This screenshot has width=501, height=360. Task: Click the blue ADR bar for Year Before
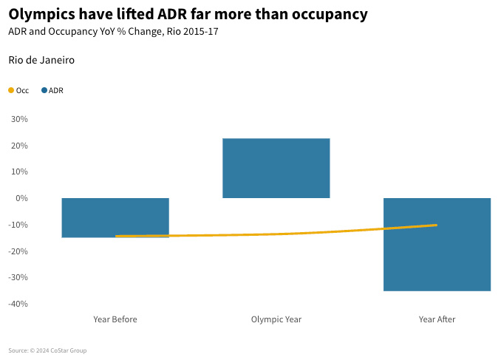pyautogui.click(x=115, y=217)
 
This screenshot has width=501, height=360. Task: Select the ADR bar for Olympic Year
pyautogui.click(x=276, y=168)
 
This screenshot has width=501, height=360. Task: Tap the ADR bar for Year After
pyautogui.click(x=437, y=244)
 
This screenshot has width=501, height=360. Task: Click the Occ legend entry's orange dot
pyautogui.click(x=11, y=91)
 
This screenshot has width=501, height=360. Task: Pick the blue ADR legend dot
pyautogui.click(x=44, y=91)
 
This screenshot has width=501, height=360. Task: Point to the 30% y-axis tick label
pyautogui.click(x=19, y=119)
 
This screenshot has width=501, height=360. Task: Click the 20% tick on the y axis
pyautogui.click(x=19, y=146)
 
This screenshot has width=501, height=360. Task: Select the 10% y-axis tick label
pyautogui.click(x=19, y=171)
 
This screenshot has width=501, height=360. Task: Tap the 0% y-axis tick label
pyautogui.click(x=21, y=198)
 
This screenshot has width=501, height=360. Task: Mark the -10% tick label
pyautogui.click(x=18, y=225)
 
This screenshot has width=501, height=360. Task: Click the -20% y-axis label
pyautogui.click(x=18, y=251)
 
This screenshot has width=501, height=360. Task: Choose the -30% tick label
pyautogui.click(x=18, y=277)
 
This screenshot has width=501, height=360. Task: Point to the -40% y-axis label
pyautogui.click(x=18, y=304)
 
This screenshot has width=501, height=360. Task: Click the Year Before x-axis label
pyautogui.click(x=115, y=319)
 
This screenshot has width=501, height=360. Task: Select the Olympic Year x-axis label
pyautogui.click(x=276, y=319)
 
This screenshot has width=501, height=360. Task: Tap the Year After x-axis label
pyautogui.click(x=437, y=319)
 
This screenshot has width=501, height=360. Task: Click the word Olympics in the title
pyautogui.click(x=41, y=14)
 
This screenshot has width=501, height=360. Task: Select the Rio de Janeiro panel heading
pyautogui.click(x=41, y=60)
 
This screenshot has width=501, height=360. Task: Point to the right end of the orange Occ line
pyautogui.click(x=436, y=225)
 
